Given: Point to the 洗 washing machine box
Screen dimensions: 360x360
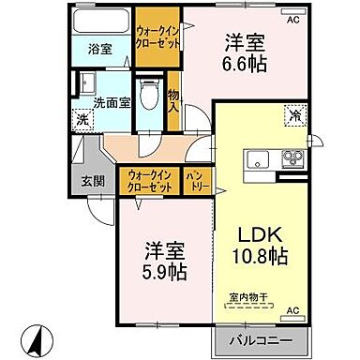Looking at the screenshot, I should point(82,119).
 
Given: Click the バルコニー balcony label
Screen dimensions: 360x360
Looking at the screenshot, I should point(259,338).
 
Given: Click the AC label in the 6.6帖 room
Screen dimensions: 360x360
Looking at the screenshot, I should point(292,19).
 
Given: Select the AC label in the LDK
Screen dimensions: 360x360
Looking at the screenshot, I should point(292,309).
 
